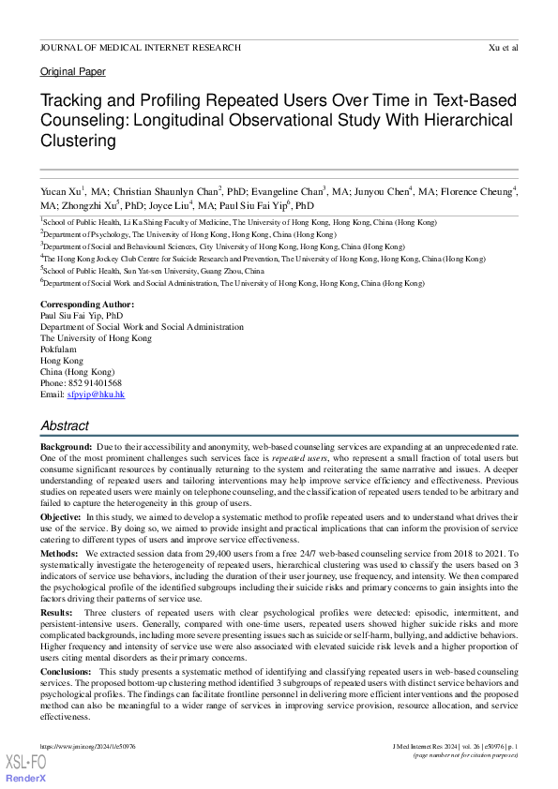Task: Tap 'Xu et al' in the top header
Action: coord(504,47)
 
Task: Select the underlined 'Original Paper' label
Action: coord(73,72)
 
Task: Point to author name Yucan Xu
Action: coord(62,191)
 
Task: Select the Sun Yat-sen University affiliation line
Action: coord(153,271)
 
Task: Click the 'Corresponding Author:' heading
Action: coord(87,305)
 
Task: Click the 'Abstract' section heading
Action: coord(65,425)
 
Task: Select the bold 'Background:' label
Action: coord(66,448)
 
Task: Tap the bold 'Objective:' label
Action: coord(61,517)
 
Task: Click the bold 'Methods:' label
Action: coord(59,555)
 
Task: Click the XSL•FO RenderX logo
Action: coord(26,769)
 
